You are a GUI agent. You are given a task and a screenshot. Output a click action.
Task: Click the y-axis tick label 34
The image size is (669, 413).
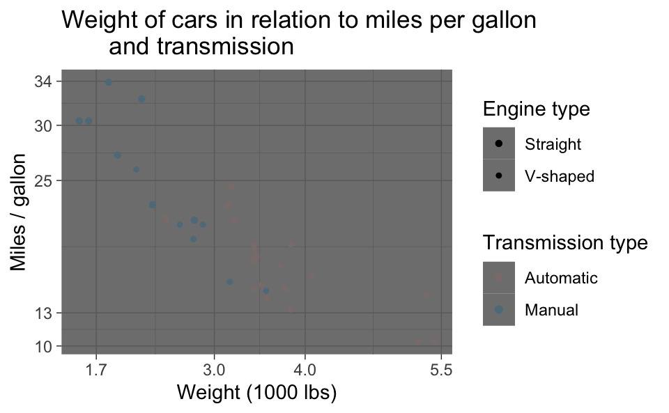click(44, 82)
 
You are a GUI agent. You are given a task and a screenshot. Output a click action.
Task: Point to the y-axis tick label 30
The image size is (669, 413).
click(44, 125)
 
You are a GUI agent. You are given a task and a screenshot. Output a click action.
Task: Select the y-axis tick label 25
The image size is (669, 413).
click(44, 180)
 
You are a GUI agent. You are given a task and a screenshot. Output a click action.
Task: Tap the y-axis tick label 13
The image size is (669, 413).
click(44, 313)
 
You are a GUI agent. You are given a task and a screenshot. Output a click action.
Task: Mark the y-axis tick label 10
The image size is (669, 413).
click(44, 346)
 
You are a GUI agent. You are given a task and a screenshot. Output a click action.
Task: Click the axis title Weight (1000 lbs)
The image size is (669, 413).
click(256, 393)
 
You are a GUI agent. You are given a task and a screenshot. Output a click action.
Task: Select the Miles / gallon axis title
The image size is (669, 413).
click(20, 212)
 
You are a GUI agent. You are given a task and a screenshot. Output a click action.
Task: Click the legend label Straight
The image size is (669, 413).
click(553, 145)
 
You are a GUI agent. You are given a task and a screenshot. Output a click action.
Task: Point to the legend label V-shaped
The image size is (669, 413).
click(559, 177)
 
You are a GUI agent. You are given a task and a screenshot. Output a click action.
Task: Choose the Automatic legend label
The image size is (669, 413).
click(561, 279)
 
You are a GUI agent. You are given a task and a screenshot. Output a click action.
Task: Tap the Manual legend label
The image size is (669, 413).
click(551, 310)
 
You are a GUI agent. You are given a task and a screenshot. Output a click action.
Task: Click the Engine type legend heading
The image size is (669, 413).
click(536, 109)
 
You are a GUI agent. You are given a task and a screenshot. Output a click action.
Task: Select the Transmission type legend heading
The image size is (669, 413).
click(565, 243)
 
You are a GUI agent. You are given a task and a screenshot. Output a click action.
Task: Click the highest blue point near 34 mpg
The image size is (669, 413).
click(109, 82)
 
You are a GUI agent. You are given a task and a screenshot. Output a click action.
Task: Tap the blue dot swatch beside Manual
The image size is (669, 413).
click(498, 310)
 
